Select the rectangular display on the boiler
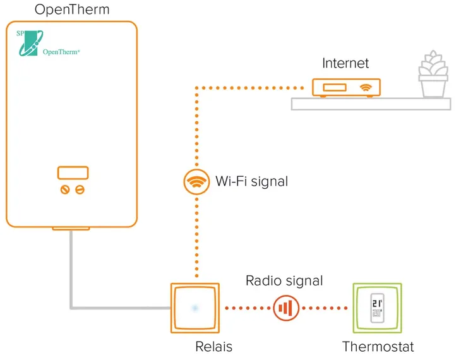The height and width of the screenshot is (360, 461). tap(72, 172)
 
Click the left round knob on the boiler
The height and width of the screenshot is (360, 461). tap(64, 189)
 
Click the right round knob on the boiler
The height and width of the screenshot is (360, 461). tap(80, 189)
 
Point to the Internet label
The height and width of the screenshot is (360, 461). tap(345, 63)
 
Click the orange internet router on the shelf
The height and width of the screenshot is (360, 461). tap(347, 88)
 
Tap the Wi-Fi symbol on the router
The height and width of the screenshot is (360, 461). tap(365, 87)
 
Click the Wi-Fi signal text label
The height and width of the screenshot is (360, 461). tap(251, 182)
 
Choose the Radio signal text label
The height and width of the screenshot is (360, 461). tap(284, 280)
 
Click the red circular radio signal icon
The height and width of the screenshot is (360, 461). tap(286, 308)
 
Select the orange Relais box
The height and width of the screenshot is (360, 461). tap(195, 308)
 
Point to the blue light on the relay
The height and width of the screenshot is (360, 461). tap(195, 308)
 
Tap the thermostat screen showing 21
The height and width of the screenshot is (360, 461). tap(376, 308)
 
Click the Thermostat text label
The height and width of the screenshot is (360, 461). tap(378, 347)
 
